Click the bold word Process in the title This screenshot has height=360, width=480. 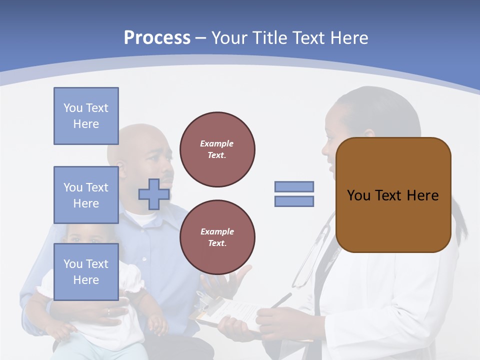[157, 38]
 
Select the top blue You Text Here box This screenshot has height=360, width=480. [86, 116]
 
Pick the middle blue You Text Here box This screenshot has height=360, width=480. [86, 195]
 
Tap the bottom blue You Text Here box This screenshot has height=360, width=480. [86, 271]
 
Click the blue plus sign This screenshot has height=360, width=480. [153, 194]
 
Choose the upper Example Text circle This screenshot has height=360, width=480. [217, 149]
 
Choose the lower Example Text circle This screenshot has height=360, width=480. [217, 237]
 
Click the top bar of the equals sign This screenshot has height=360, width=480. [294, 186]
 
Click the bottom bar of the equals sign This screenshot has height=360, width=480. [294, 201]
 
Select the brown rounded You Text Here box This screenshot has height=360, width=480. [393, 195]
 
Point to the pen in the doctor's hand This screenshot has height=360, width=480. [281, 300]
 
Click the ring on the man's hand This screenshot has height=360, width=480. [108, 312]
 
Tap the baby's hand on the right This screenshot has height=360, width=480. [157, 324]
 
